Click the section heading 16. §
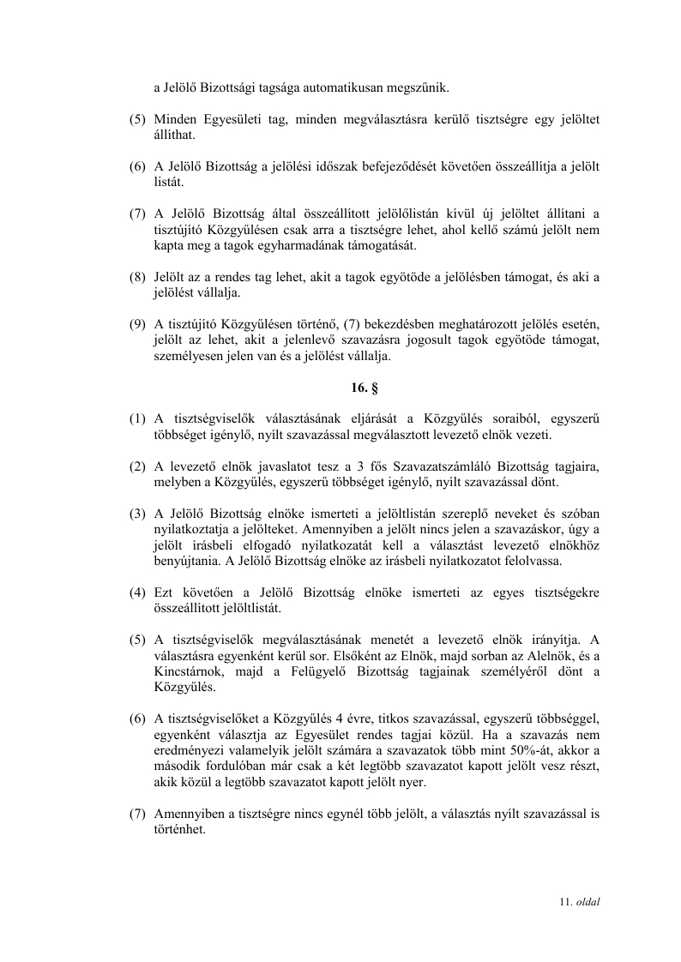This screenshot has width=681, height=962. click(x=359, y=388)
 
